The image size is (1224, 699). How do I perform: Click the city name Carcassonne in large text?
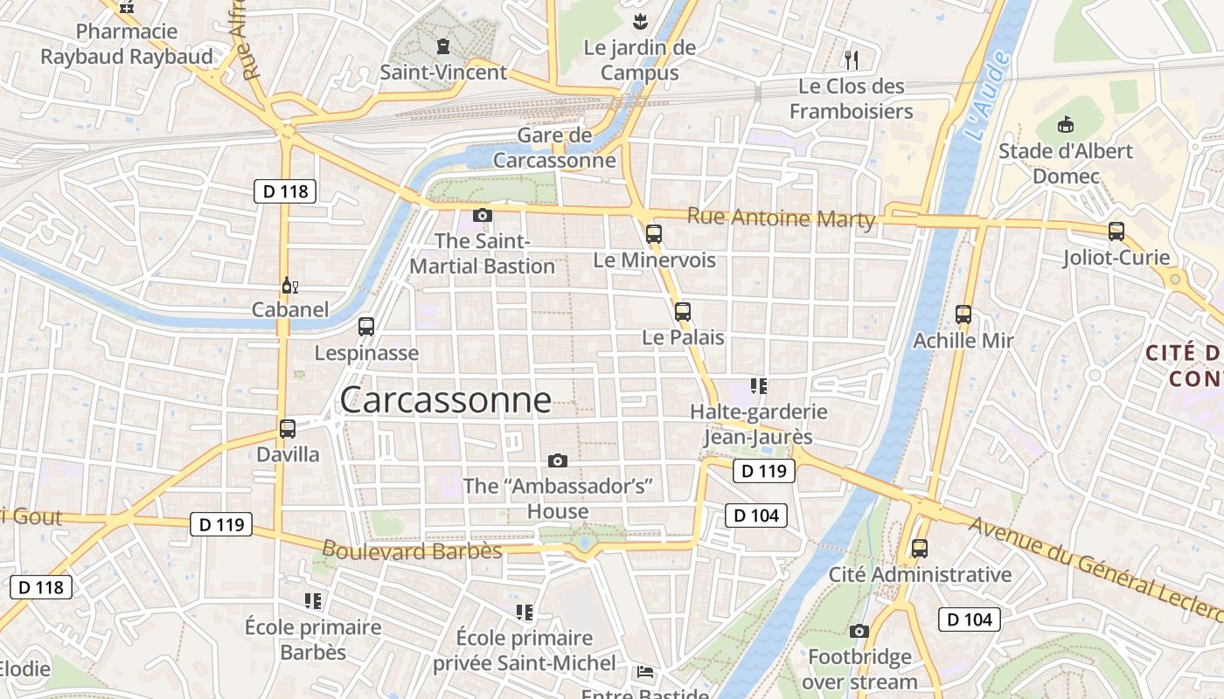[445, 400]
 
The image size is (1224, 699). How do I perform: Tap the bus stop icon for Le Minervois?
[654, 233]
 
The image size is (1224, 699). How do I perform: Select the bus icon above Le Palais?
[683, 311]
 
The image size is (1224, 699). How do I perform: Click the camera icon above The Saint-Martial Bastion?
[482, 215]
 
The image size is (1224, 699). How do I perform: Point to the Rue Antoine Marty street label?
[781, 218]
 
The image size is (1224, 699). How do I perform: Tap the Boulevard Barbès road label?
[412, 550]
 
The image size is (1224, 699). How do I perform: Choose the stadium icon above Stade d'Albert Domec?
[1065, 125]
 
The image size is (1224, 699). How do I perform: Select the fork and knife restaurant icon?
[852, 59]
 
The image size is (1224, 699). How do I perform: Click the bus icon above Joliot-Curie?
[1116, 232]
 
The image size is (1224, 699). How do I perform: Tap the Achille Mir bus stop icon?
[963, 315]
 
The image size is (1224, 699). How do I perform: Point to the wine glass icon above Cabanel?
[289, 285]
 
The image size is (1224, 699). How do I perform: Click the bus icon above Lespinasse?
[366, 327]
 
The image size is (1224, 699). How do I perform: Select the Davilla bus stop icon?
[288, 429]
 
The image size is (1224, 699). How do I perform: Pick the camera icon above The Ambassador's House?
[558, 460]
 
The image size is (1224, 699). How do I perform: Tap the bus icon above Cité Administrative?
[920, 549]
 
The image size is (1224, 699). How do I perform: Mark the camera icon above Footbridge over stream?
[859, 631]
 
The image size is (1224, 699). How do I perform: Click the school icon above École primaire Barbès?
[313, 601]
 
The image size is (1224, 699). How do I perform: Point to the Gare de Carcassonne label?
[554, 148]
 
